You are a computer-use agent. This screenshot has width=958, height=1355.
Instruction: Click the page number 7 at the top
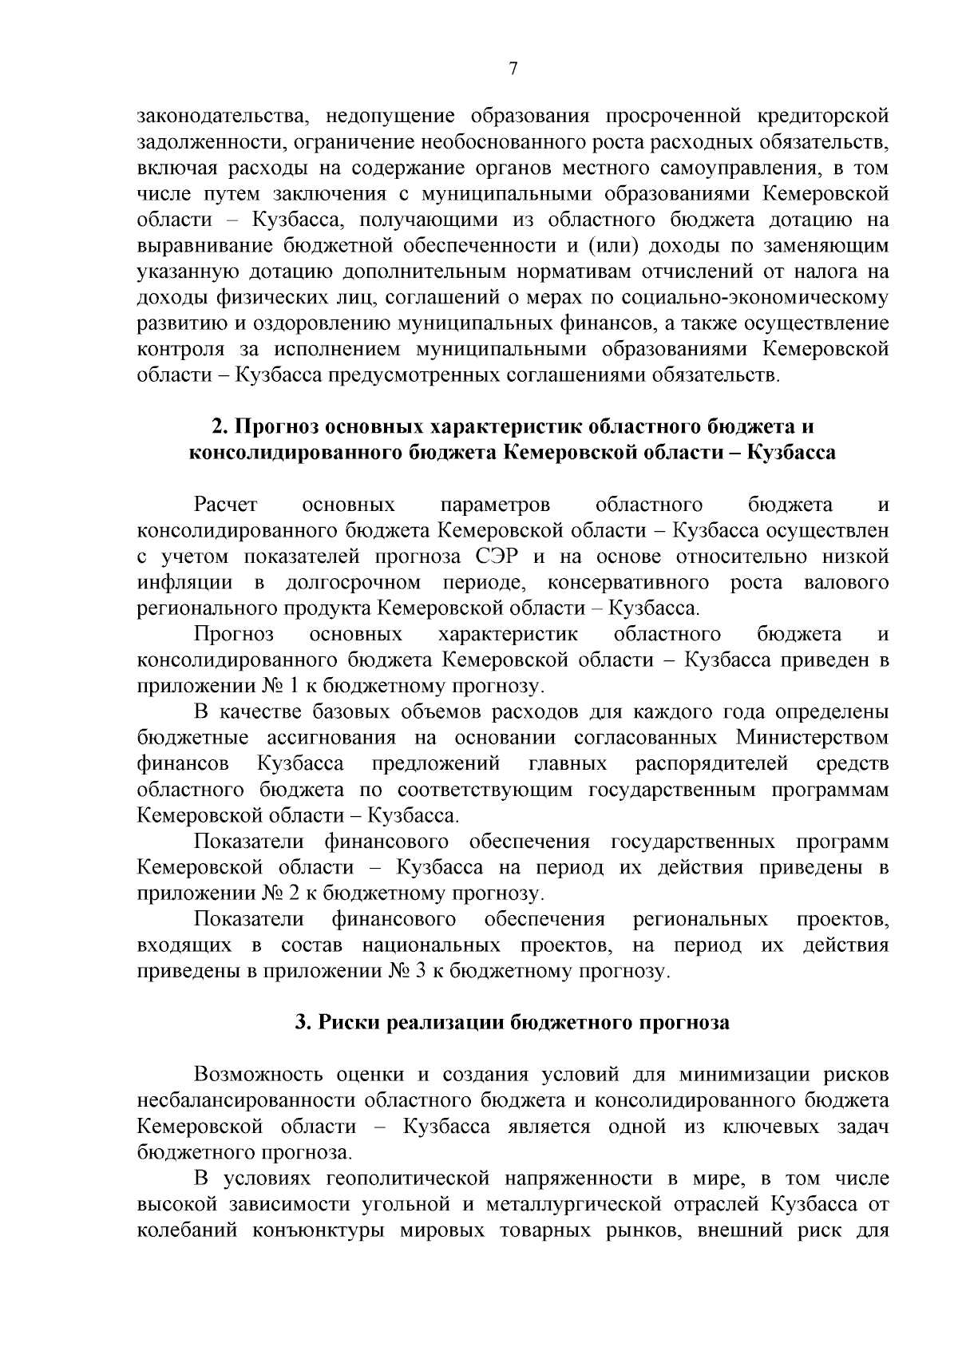click(513, 69)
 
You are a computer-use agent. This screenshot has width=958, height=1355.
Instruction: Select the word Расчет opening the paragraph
click(226, 505)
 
